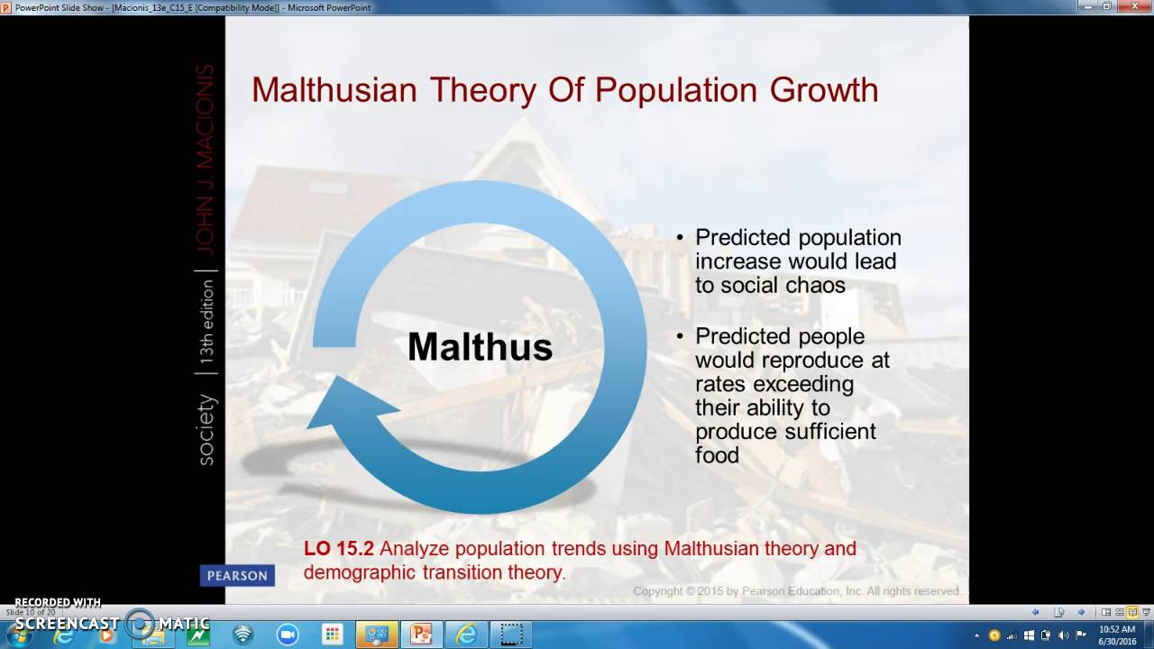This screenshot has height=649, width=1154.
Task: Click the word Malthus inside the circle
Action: point(480,347)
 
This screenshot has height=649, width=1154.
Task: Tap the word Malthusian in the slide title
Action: point(334,90)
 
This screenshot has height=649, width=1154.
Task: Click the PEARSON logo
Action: point(237,575)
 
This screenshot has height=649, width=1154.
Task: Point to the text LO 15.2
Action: point(338,548)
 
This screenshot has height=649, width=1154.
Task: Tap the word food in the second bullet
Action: point(717,455)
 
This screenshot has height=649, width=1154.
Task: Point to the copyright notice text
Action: point(795,591)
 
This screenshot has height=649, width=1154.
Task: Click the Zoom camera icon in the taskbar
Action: point(288,635)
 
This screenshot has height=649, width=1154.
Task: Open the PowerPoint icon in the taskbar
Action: point(421,635)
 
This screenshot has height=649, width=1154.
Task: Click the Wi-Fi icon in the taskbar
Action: point(243,635)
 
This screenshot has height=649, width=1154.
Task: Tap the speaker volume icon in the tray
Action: point(1063,635)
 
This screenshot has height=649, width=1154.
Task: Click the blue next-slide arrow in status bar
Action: point(1081,612)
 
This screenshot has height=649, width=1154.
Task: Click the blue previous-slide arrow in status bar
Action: point(1036,612)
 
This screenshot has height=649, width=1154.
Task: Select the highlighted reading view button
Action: point(1132,612)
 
